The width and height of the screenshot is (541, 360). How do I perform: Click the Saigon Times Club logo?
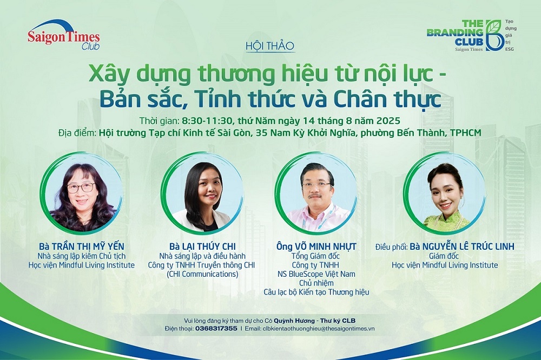point(64,35)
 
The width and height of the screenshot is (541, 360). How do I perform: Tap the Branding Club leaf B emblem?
point(494,35)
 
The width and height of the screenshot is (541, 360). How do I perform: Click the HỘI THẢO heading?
point(270,46)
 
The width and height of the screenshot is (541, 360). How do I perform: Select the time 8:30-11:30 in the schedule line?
point(208,121)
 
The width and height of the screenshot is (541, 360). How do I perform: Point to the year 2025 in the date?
point(388,121)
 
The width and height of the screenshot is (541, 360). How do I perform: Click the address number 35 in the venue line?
point(262,133)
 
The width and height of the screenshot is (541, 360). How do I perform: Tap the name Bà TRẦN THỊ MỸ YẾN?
point(82,246)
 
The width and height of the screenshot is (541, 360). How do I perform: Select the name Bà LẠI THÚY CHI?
point(202,246)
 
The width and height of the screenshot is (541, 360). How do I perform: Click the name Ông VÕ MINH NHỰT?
point(316,246)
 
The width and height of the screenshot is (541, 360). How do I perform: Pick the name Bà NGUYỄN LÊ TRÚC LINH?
point(462,246)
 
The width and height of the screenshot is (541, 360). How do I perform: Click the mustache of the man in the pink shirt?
point(315,196)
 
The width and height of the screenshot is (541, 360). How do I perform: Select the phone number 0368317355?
point(216,329)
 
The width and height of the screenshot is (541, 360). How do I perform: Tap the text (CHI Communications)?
point(202,274)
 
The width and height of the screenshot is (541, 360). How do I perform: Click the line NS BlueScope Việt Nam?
point(316,274)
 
